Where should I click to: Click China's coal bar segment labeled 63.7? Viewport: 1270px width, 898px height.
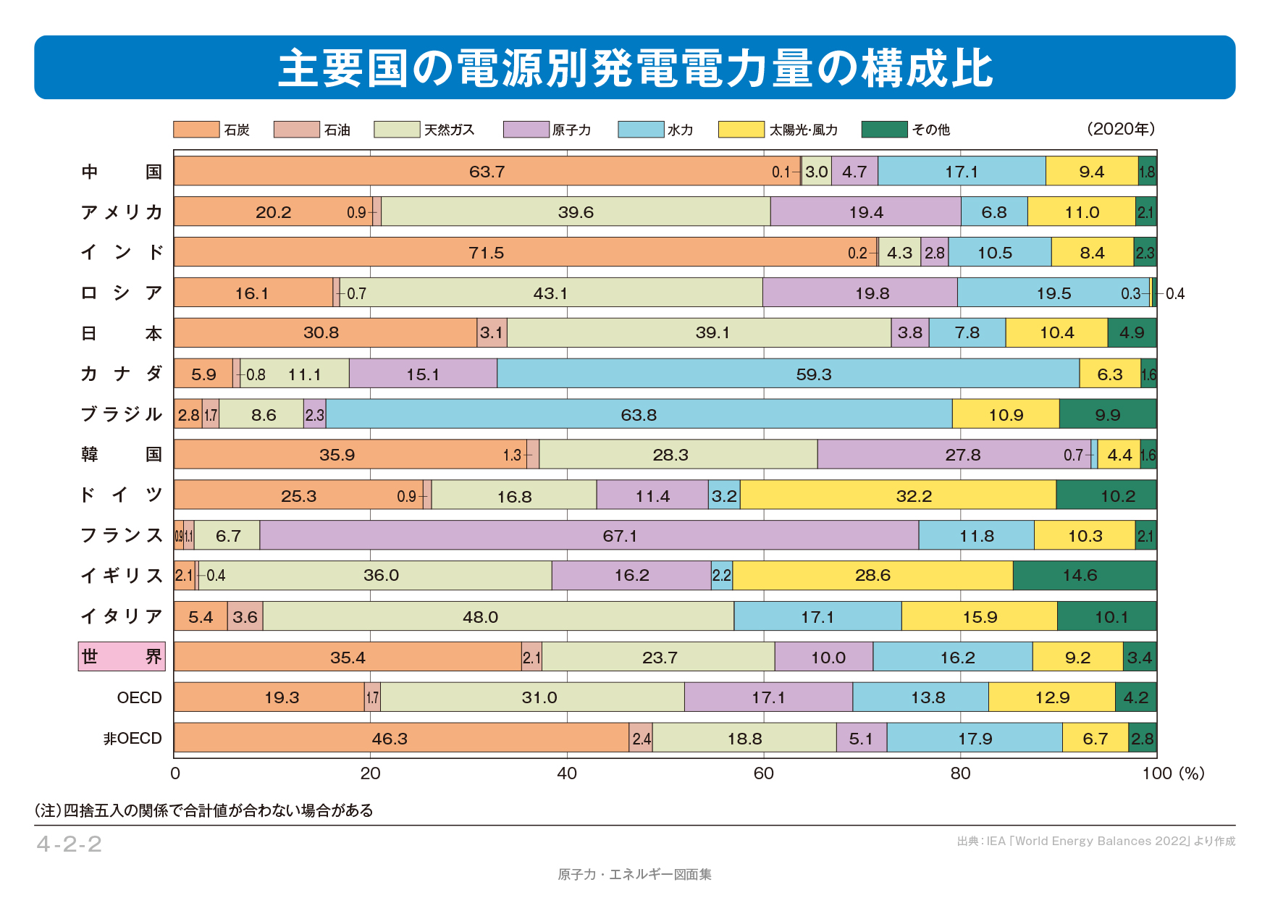pos(487,172)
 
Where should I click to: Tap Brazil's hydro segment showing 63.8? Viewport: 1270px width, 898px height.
pos(639,415)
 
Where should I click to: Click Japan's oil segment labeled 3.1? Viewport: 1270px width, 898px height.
pos(492,333)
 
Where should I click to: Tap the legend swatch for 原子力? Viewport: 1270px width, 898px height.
pos(526,130)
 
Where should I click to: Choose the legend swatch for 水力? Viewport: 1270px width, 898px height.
pos(640,130)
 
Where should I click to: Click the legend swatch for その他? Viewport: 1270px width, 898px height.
pos(884,130)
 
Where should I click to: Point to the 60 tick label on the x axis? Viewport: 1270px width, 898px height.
pos(763,773)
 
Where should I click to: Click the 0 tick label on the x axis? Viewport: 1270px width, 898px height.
pos(175,773)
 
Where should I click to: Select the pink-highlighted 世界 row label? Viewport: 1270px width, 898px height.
pos(122,657)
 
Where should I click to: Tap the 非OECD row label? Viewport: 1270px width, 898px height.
pos(133,739)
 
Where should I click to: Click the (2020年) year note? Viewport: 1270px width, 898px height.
pos(1120,129)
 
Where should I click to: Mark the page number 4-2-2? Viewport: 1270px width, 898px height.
pos(70,844)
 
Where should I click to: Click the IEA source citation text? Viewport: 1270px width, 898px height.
pos(1096,842)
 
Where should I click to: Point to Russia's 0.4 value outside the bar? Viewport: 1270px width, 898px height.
pos(1174,294)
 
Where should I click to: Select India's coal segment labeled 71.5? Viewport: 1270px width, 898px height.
pos(487,253)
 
